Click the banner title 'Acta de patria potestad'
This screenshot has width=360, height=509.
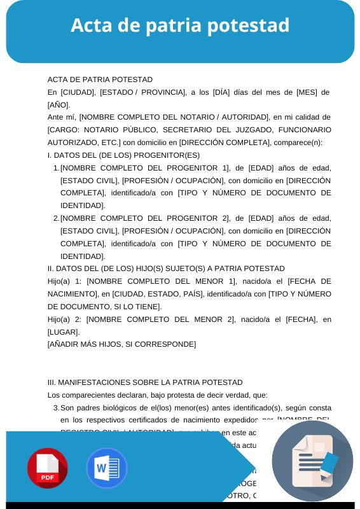pos(180,25)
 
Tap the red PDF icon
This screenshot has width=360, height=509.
pos(47,468)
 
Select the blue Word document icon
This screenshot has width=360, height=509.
pos(106,468)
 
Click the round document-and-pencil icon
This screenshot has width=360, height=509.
pos(312,461)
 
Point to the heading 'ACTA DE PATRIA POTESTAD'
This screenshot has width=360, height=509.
pos(100,80)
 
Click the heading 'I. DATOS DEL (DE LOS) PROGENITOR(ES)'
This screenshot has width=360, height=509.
pos(123,155)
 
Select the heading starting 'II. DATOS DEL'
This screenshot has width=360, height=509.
pos(166,268)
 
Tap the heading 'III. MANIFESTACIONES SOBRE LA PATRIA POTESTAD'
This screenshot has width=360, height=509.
pos(145,382)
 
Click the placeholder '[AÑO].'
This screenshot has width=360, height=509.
pos(59,105)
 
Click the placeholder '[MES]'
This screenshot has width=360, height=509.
pos(307,92)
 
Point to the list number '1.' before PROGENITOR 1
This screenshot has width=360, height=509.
pos(56,168)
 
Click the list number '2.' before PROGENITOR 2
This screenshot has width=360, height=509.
pos(56,218)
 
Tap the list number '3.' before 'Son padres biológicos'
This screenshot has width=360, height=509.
pos(56,408)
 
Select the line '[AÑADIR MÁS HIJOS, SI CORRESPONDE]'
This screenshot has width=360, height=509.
pos(121,344)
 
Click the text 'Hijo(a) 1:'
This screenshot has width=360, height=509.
pos(64,281)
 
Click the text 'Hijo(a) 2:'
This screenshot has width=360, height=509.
pos(64,319)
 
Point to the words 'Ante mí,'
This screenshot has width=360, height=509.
pos(62,118)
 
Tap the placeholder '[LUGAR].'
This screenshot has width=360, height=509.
pos(64,332)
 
